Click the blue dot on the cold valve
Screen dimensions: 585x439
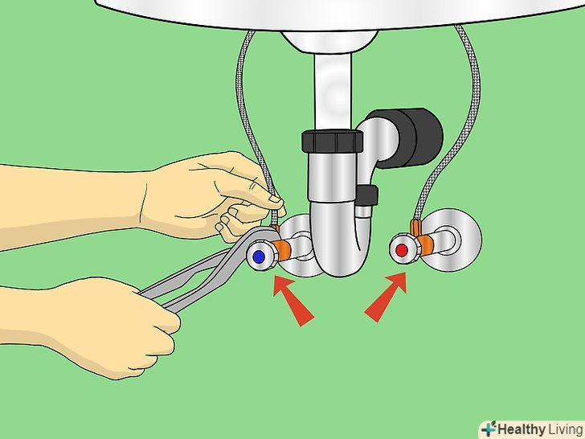[x=259, y=256]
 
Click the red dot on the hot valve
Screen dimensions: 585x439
[x=402, y=250]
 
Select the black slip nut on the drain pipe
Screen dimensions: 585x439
[x=332, y=141]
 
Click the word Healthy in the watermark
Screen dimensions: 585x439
[x=522, y=429]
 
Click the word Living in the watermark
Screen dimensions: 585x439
[x=565, y=429]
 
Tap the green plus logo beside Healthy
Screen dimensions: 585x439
[x=489, y=429]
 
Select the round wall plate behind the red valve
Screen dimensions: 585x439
[x=454, y=240]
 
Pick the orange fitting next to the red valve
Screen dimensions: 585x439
[x=425, y=243]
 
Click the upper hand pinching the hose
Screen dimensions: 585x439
[x=209, y=194]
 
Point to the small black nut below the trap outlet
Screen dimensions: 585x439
[x=366, y=196]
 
